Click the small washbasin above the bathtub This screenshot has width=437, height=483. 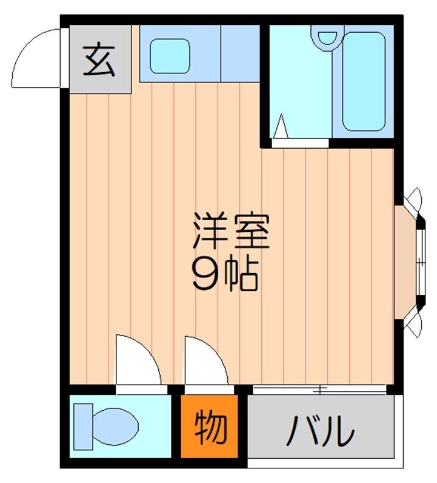click(x=328, y=36)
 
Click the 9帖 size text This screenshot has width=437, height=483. click(x=225, y=275)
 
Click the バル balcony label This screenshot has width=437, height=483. click(x=320, y=431)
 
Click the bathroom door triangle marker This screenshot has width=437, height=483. click(x=280, y=127)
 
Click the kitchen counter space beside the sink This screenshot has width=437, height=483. click(x=239, y=53)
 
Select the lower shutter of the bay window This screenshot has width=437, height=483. click(x=415, y=325)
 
